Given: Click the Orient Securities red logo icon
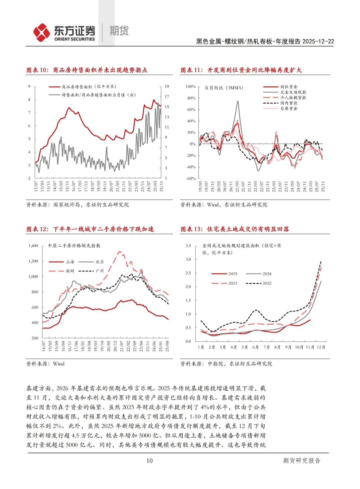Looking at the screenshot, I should click(x=41, y=32).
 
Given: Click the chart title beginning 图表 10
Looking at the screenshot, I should click(x=87, y=70).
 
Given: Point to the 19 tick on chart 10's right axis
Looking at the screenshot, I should click(x=167, y=86).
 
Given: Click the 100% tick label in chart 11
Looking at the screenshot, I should click(x=190, y=87).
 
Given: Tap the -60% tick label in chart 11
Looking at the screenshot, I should click(x=191, y=178).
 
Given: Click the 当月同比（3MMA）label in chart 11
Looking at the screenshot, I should click(x=224, y=88).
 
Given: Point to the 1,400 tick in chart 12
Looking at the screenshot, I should click(x=33, y=246).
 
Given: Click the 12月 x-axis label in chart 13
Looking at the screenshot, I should click(x=321, y=347).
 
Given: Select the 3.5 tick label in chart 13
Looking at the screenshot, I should click(x=188, y=246).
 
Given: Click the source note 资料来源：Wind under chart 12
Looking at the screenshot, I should click(x=45, y=364).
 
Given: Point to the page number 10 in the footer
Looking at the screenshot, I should click(x=149, y=461).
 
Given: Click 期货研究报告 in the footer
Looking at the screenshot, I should click(x=301, y=461).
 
